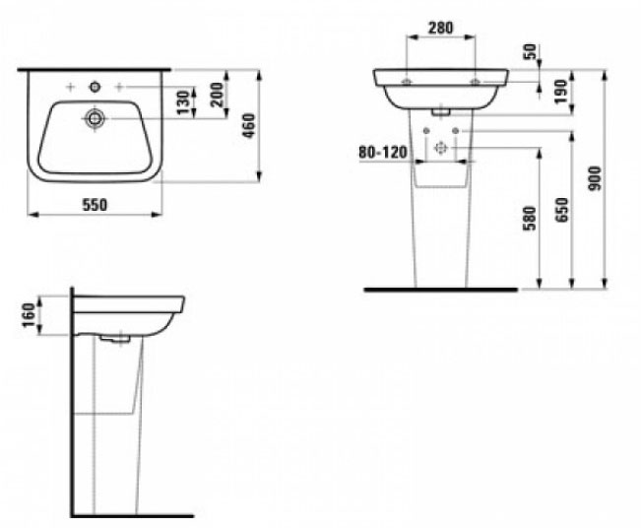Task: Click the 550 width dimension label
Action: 94,205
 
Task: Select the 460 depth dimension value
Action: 250,125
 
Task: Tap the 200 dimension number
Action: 217,97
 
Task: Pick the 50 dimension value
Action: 533,52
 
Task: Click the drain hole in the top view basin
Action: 95,118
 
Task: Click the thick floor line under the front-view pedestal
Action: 440,291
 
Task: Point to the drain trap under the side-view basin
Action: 115,339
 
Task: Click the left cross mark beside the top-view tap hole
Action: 68,88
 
